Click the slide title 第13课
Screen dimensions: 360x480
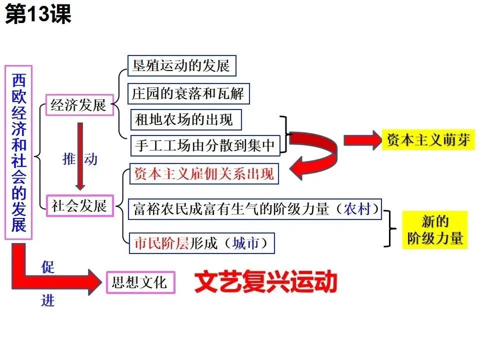point(38,14)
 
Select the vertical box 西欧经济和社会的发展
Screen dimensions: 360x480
point(18,152)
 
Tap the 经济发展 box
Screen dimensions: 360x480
point(78,105)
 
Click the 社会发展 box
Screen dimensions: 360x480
point(79,205)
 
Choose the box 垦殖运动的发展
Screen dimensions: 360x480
point(181,65)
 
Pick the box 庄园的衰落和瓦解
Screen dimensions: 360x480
point(188,93)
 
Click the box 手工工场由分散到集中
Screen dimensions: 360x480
point(205,145)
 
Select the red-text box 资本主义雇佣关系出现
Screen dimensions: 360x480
point(203,174)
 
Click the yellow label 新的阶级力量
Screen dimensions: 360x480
point(435,229)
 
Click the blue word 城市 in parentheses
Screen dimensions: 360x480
point(246,243)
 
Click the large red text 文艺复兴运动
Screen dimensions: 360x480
point(265,282)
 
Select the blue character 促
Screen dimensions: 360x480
point(48,266)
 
